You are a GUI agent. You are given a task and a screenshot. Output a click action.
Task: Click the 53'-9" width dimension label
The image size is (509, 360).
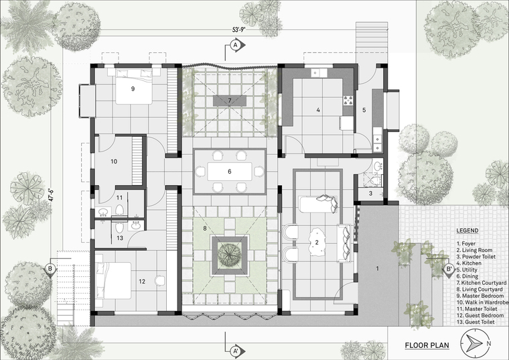238,29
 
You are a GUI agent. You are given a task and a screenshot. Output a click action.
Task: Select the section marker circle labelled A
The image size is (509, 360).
235,45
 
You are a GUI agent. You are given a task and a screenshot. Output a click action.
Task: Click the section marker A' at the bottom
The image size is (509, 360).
235,351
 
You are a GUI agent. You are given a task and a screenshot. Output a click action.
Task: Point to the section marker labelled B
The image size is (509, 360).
50,269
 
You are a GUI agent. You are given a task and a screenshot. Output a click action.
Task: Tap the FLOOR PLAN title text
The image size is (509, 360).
427,345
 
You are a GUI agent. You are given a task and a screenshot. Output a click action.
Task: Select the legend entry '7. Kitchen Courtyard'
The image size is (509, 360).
482,283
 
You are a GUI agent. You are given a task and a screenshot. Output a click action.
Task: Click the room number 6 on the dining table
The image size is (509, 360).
230,171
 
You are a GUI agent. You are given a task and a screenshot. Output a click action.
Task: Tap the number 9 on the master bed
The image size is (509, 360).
133,88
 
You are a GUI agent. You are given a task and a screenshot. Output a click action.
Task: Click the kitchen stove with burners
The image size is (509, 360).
348,101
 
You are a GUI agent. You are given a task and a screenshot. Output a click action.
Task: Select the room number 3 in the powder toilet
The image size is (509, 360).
371,194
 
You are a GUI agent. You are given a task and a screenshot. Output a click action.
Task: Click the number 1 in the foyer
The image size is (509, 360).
377,268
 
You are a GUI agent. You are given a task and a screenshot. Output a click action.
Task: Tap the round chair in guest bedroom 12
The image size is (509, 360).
159,281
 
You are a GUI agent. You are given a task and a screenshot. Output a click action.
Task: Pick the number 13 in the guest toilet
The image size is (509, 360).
120,238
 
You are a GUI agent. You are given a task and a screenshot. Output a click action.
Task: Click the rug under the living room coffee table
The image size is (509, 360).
317,243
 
